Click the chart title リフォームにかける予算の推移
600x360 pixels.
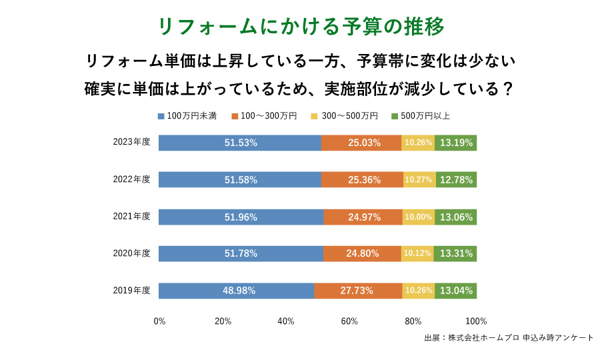click(x=301, y=26)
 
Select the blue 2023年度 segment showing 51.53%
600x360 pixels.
click(x=240, y=143)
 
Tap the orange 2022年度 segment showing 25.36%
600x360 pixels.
click(x=362, y=179)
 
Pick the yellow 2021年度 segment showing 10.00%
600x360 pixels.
click(x=419, y=217)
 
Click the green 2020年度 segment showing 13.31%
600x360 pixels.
click(x=456, y=253)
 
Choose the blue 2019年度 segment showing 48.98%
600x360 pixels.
click(x=237, y=291)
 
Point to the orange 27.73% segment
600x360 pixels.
click(x=358, y=291)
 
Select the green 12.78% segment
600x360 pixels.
click(x=457, y=179)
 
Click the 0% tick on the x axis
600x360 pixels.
click(x=159, y=321)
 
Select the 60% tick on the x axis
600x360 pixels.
click(x=349, y=321)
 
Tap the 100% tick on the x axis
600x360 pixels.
click(x=477, y=321)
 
